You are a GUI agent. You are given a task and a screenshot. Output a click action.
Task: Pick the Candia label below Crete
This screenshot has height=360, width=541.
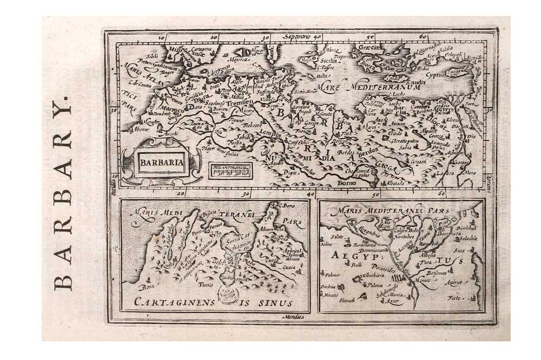click(403, 81)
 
